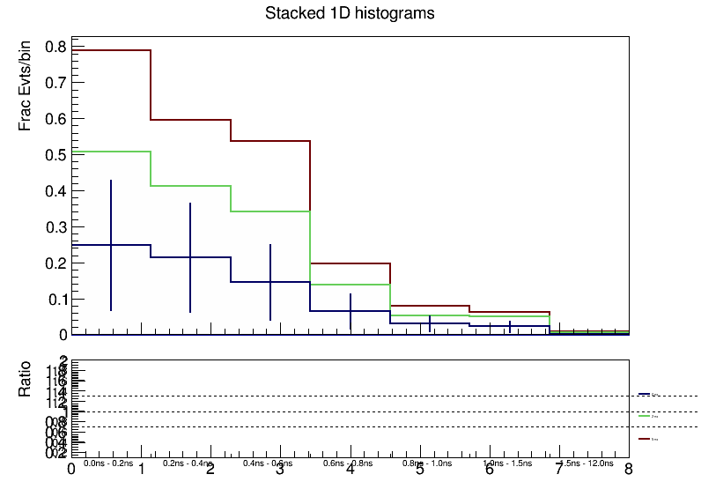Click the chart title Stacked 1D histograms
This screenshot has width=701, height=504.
tap(350, 14)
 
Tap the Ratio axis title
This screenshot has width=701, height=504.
tap(26, 379)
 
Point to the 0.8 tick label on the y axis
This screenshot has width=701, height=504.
tap(55, 47)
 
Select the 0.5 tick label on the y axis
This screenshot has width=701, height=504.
tap(55, 155)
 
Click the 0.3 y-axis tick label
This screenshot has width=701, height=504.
tap(55, 227)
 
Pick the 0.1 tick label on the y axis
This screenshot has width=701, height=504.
tap(55, 300)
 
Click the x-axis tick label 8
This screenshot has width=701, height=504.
tap(628, 470)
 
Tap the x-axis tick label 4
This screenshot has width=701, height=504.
tap(350, 470)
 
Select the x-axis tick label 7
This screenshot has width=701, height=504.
tap(558, 470)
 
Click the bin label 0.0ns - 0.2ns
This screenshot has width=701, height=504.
tap(108, 463)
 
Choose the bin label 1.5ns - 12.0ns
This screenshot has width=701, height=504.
tap(588, 463)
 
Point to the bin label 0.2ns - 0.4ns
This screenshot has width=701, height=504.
tap(188, 463)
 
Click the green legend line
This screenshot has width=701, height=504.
tap(644, 415)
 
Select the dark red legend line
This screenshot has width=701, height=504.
tap(644, 437)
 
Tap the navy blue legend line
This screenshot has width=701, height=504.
tap(644, 394)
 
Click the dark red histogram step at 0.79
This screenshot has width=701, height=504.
tap(111, 50)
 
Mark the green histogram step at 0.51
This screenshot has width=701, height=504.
tap(111, 152)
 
